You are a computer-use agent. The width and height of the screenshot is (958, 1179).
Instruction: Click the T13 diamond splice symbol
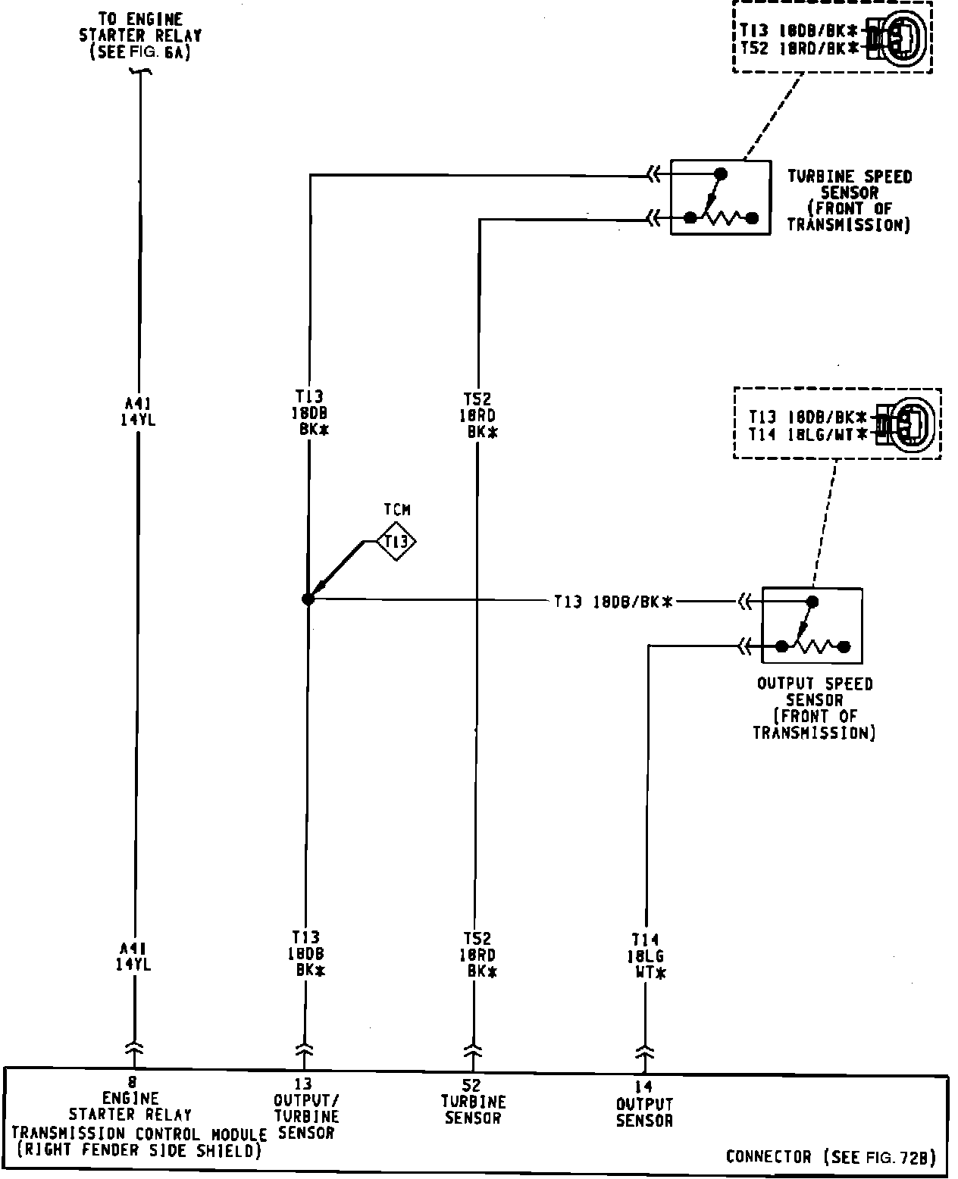(396, 541)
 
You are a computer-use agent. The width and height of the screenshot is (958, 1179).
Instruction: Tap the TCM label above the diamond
(396, 510)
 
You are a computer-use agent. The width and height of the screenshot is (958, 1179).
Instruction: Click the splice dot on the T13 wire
(308, 599)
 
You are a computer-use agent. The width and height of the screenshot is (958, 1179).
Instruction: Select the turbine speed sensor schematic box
(720, 197)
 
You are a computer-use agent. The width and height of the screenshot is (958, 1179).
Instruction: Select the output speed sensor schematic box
(812, 625)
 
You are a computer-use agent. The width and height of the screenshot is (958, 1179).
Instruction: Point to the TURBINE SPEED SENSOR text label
(849, 200)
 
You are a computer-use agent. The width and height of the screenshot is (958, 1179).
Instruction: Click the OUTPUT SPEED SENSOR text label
(815, 708)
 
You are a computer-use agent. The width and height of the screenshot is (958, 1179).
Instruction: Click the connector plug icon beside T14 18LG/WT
(906, 424)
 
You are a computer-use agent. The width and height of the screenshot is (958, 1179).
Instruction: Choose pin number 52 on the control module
(474, 1086)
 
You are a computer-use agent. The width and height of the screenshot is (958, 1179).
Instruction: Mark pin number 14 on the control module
(644, 1087)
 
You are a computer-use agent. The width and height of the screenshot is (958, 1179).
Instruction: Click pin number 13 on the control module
(304, 1084)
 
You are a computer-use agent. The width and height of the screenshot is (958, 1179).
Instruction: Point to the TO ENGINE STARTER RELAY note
(140, 35)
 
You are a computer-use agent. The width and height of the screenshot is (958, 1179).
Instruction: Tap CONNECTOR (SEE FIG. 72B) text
(831, 1157)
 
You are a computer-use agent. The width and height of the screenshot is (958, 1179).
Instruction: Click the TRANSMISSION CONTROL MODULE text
(139, 1134)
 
